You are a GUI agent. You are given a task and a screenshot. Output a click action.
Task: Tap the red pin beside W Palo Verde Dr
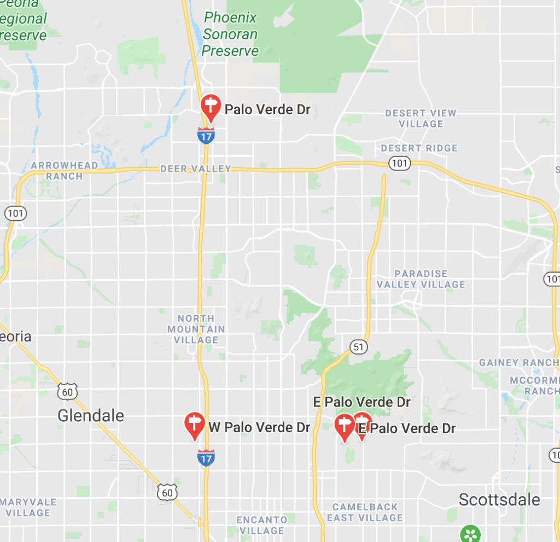click(194, 425)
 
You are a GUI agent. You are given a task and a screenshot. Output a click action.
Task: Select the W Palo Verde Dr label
click(259, 427)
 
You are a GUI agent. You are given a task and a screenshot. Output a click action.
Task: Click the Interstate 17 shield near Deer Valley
click(206, 135)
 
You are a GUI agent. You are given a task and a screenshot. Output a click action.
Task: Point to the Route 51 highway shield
click(358, 347)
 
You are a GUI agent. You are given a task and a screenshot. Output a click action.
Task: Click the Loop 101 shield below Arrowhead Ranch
click(15, 213)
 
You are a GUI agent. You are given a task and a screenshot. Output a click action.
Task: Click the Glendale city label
click(91, 416)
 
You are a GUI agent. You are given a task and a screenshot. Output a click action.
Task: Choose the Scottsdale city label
click(499, 499)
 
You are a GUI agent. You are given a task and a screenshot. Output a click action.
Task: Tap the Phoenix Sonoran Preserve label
click(230, 34)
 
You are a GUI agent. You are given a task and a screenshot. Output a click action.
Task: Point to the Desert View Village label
click(421, 119)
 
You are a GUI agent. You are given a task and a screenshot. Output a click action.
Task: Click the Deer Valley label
click(196, 169)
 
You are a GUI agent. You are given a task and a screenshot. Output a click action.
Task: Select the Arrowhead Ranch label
click(65, 170)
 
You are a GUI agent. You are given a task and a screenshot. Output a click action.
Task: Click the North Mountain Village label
click(196, 329)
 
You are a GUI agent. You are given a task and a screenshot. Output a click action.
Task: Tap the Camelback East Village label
click(365, 512)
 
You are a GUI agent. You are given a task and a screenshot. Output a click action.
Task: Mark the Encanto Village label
click(261, 525)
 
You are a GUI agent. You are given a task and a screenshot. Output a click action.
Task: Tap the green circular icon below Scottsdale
click(470, 534)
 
